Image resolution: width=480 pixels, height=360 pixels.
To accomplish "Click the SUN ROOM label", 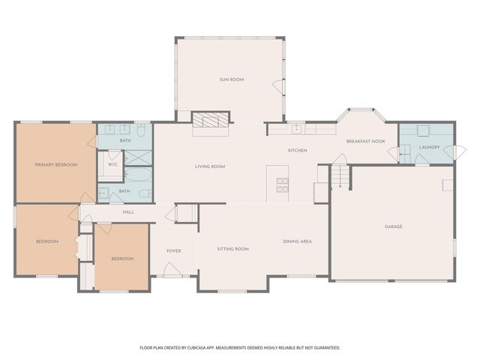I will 232,79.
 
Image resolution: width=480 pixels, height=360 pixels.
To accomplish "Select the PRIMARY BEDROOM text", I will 56,164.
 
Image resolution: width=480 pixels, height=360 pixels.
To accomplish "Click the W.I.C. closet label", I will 112,164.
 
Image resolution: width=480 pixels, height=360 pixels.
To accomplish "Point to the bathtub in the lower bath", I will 139,177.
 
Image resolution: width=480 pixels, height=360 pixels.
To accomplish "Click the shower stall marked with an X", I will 138,157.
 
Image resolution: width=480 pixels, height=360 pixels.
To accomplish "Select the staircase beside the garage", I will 341,177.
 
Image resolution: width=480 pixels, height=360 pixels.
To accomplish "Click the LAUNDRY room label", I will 429,147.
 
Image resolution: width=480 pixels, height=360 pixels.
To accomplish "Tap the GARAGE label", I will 394,226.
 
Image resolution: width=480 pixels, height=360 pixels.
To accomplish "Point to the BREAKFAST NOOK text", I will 365,141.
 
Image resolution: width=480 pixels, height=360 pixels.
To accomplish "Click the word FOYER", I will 174,250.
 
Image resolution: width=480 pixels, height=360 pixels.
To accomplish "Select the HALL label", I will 128,213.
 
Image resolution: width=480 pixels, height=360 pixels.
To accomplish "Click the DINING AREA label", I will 297,241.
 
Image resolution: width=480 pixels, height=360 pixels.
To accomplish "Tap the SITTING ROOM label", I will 232,248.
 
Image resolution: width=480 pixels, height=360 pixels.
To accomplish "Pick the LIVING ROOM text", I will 210,166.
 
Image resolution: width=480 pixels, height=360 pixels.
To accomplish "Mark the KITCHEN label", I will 298,151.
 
